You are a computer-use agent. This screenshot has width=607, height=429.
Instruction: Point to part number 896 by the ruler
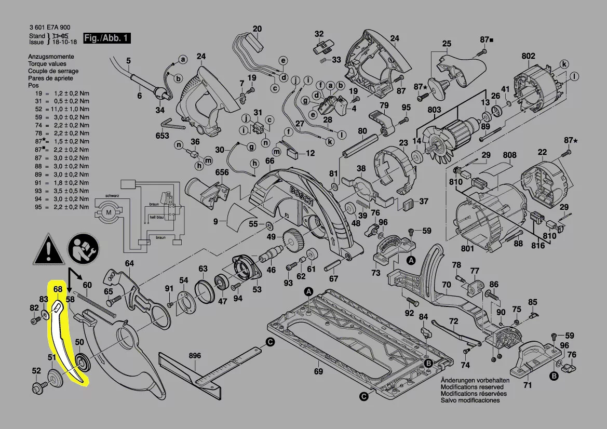tap(195, 356)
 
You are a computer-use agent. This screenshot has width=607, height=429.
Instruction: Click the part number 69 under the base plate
tap(318, 371)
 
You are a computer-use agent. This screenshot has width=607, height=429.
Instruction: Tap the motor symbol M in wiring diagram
tap(109, 212)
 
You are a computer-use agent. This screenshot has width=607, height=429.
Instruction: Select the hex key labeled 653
tap(172, 125)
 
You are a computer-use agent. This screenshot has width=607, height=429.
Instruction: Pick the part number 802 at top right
tap(528, 56)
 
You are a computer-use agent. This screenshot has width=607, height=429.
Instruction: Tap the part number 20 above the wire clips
tap(258, 29)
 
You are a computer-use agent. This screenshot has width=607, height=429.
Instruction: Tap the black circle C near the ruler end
tap(270, 342)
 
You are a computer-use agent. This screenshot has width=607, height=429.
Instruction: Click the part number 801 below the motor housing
tap(467, 249)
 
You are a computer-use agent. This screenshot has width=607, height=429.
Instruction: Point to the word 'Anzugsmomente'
tap(51, 57)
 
